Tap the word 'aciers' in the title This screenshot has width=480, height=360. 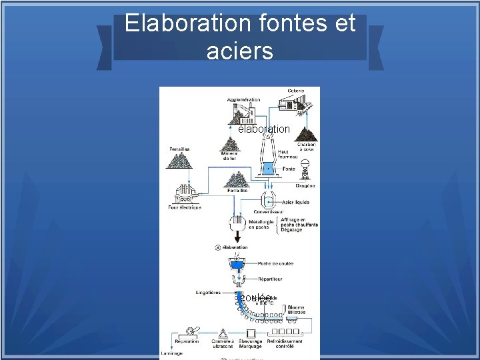[240, 51]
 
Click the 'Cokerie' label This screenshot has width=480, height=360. [296, 91]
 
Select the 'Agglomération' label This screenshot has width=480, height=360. [244, 99]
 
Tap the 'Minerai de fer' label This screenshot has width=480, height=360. [229, 156]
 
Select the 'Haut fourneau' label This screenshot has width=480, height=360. [287, 154]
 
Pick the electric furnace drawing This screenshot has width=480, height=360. [185, 194]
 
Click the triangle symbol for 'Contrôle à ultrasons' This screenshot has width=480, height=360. [221, 331]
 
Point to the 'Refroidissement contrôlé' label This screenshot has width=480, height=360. [285, 343]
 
